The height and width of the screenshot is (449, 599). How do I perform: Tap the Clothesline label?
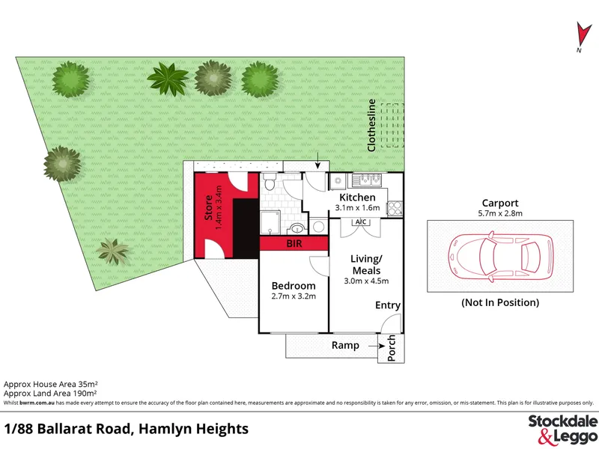coord(371,125)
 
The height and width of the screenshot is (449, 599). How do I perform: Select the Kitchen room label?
coord(358,198)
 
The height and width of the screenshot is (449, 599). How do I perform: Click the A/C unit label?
coord(361,222)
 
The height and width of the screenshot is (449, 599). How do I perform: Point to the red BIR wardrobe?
coord(294,243)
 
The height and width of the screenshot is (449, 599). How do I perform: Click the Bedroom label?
coord(294,286)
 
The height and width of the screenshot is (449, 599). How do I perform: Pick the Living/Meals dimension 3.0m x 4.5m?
coord(366,281)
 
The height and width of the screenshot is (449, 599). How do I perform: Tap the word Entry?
coord(388,305)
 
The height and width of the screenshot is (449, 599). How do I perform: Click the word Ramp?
coord(345,345)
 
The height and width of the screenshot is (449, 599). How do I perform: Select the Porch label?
coord(392,348)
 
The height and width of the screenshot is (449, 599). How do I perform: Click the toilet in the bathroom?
coord(270,181)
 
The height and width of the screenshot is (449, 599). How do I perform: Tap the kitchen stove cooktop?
coord(395,209)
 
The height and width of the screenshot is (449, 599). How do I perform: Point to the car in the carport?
coord(501,257)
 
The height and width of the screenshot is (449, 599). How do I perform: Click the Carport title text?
coord(500,203)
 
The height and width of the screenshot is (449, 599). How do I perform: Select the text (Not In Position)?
coord(500,302)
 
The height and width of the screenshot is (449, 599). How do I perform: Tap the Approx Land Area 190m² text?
coord(50,394)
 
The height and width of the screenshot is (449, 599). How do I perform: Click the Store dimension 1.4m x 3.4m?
coord(219,207)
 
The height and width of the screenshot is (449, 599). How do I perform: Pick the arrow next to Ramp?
coord(377,346)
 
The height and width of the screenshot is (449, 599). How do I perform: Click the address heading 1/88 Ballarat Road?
coord(67,429)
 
